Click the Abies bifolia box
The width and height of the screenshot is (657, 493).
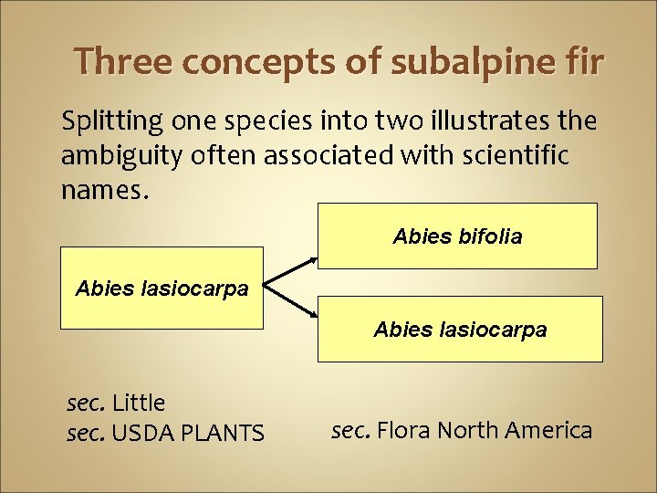pyautogui.click(x=457, y=236)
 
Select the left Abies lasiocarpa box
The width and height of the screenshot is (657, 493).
pyautogui.click(x=162, y=288)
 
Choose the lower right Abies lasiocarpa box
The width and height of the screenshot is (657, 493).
pyautogui.click(x=460, y=330)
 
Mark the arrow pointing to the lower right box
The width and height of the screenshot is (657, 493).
pyautogui.click(x=293, y=308)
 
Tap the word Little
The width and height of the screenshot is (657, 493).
pyautogui.click(x=139, y=403)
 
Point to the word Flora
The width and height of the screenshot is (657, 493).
pyautogui.click(x=406, y=430)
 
